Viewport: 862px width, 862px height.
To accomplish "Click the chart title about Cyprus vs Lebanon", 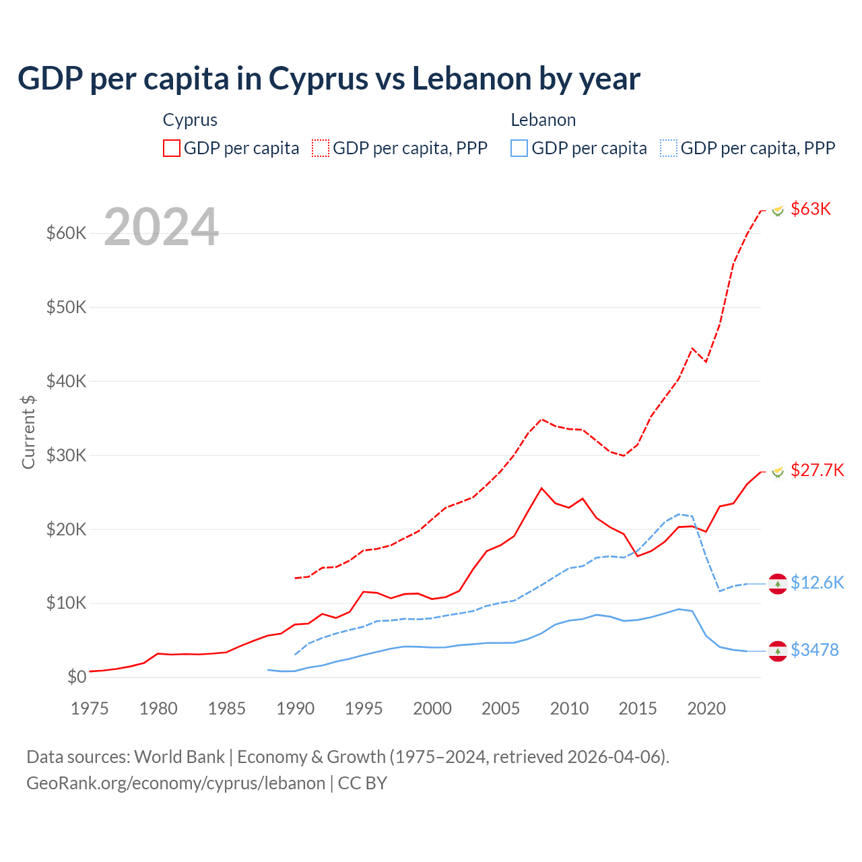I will pyautogui.click(x=329, y=79).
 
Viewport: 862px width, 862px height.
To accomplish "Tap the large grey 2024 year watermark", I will pyautogui.click(x=162, y=227).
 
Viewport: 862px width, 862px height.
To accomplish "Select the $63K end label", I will pyautogui.click(x=811, y=209).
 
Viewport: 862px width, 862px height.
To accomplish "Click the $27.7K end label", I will pyautogui.click(x=817, y=470).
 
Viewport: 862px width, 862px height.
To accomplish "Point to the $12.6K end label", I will pyautogui.click(x=817, y=583).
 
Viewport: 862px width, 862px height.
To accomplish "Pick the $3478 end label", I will pyautogui.click(x=814, y=650).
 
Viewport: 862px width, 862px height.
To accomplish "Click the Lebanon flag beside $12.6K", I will pyautogui.click(x=778, y=584).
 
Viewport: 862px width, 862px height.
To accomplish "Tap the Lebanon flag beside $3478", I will pyautogui.click(x=778, y=651).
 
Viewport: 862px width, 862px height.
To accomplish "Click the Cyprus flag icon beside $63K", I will pyautogui.click(x=778, y=211).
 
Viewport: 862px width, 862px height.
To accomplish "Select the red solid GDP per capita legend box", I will pyautogui.click(x=172, y=148).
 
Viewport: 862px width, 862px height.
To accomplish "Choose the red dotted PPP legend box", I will pyautogui.click(x=321, y=148).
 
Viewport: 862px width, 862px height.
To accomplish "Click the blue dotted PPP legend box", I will pyautogui.click(x=669, y=148).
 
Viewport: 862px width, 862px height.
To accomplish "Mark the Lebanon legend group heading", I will pyautogui.click(x=543, y=120).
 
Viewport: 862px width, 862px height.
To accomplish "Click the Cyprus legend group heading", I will pyautogui.click(x=190, y=120).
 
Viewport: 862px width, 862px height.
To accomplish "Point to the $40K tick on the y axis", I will pyautogui.click(x=66, y=381).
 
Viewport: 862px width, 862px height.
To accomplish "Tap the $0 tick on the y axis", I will pyautogui.click(x=77, y=677).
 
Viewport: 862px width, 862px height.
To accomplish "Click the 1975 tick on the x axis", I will pyautogui.click(x=90, y=708).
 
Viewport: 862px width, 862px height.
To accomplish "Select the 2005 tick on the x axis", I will pyautogui.click(x=500, y=708).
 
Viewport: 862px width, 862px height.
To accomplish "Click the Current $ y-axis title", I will pyautogui.click(x=28, y=431).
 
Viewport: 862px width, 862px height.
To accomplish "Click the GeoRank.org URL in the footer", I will pyautogui.click(x=176, y=783).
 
